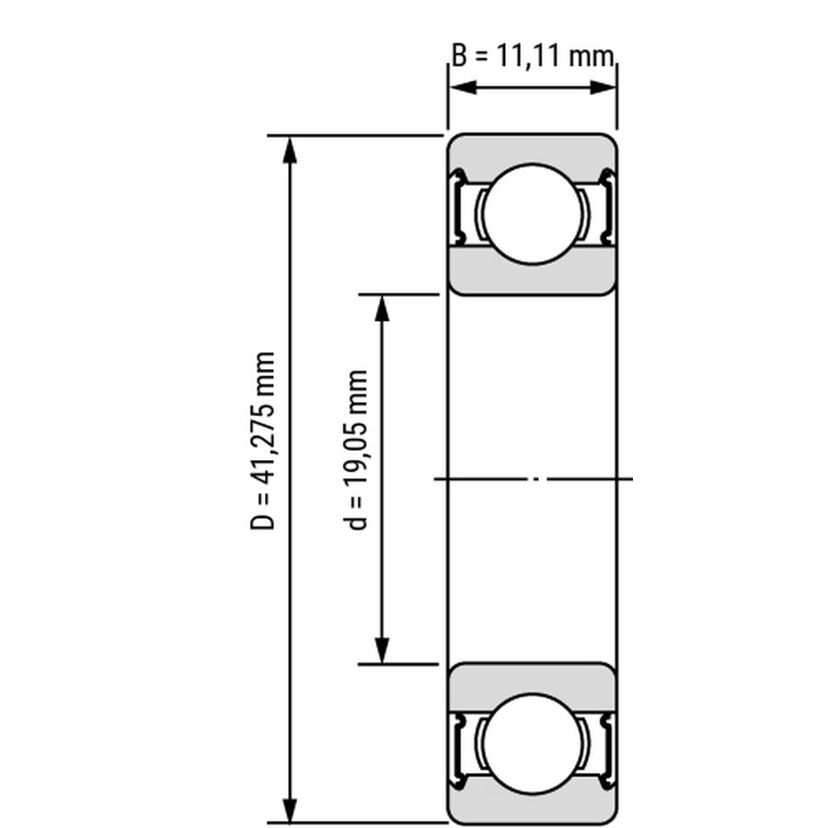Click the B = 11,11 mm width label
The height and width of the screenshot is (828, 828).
click(533, 55)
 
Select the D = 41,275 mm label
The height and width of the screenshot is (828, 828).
click(262, 441)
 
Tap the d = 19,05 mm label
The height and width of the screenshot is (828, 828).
click(355, 450)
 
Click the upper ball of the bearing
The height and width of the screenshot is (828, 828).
click(533, 213)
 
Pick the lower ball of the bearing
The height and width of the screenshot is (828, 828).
click(533, 743)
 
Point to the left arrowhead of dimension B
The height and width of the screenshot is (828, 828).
click(463, 87)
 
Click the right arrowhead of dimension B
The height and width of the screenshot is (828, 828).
click(603, 87)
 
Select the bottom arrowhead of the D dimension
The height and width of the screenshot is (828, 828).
click(290, 809)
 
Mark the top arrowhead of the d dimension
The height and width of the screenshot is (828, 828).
click(382, 308)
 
